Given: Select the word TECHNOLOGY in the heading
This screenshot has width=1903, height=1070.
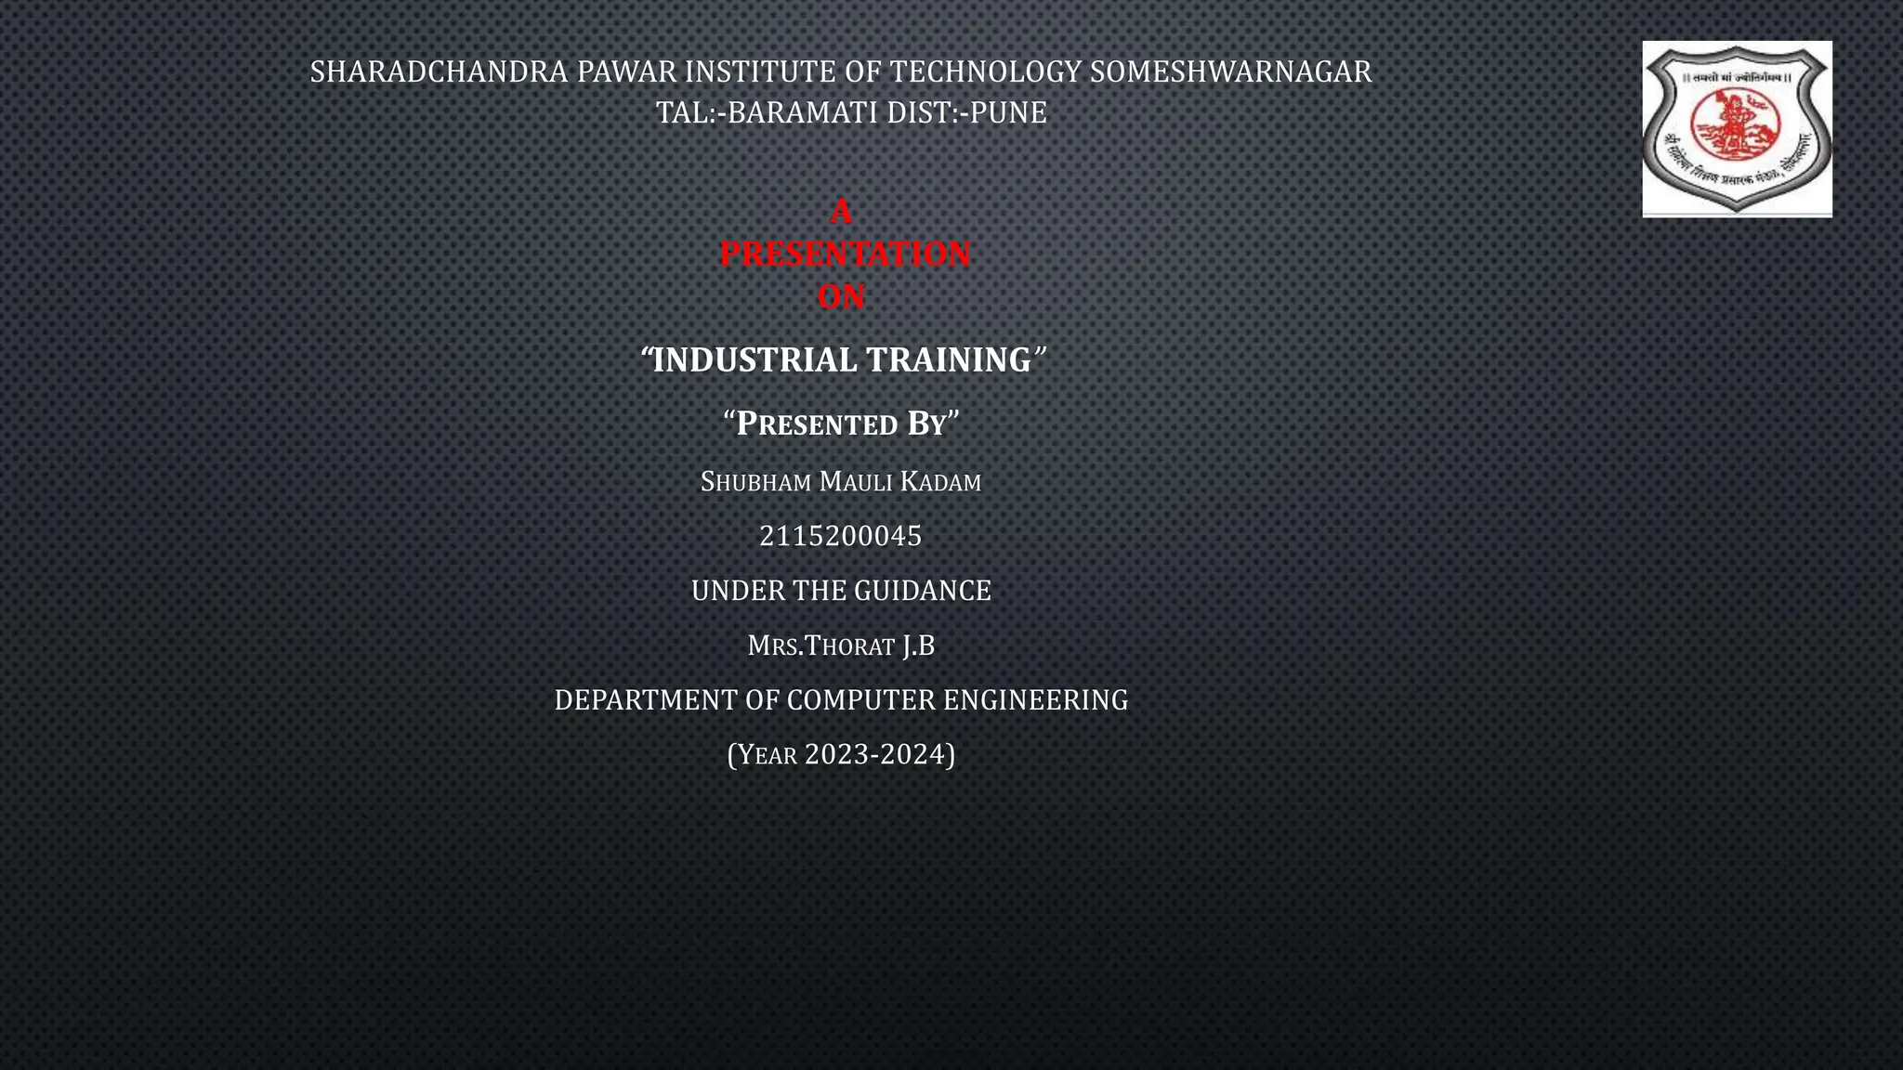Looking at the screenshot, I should tap(985, 72).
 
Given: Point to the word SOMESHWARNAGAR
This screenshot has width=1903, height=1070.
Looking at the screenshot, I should tap(1230, 72).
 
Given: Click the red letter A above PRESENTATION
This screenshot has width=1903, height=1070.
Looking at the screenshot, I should tap(841, 212).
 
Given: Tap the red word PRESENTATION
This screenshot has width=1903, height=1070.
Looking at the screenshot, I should tap(845, 254).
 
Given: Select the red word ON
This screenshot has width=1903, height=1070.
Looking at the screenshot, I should tap(841, 297).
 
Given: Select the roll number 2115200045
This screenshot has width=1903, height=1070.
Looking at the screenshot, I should tap(841, 536).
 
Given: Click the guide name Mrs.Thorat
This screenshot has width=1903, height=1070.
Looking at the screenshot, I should tap(821, 646).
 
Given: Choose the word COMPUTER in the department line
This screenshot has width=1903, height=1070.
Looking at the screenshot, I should tap(860, 700).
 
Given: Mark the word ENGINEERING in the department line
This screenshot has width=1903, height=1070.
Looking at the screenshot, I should tap(1035, 700).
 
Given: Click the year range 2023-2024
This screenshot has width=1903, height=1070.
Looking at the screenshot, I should tap(879, 754).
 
